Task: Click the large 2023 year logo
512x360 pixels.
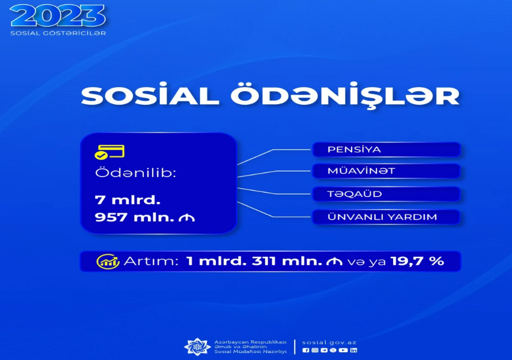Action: (58, 15)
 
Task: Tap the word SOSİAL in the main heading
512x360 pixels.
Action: (150, 96)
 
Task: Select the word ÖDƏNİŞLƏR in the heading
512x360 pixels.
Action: (345, 96)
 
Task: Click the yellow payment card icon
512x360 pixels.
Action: (110, 152)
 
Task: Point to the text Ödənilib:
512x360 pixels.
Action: (136, 173)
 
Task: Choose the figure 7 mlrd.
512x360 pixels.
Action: (128, 200)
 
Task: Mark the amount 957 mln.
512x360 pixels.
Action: (134, 217)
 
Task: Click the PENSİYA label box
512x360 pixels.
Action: (387, 150)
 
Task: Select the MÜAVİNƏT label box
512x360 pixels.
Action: (387, 171)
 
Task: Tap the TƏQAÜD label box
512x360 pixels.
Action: (387, 194)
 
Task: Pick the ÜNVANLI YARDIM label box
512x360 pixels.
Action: (387, 217)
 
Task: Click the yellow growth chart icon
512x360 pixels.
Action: (108, 261)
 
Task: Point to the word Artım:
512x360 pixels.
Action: (151, 261)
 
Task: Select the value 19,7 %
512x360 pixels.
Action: (417, 261)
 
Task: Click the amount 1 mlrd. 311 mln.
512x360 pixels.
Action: (254, 261)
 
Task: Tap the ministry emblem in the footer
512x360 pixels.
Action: (197, 346)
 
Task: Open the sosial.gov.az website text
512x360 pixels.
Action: (329, 342)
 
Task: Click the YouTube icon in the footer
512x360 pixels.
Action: (343, 350)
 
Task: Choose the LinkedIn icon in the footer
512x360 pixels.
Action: (353, 350)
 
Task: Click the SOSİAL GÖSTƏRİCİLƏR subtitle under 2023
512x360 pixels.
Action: (58, 33)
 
